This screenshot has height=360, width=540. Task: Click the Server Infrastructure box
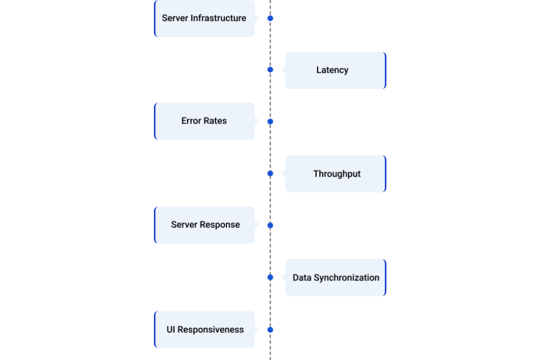click(204, 18)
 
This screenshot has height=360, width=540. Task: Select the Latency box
click(336, 70)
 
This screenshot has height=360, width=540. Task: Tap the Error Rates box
click(204, 121)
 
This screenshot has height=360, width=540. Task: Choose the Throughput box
click(336, 174)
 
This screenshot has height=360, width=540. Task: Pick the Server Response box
click(204, 225)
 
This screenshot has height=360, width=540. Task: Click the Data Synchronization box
click(336, 278)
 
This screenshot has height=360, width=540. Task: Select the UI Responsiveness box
click(204, 329)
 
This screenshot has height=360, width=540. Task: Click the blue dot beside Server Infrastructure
click(271, 18)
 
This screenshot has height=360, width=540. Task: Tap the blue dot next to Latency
click(271, 70)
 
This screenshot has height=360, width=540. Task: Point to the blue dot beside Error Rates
click(271, 121)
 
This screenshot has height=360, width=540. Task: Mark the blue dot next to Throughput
click(271, 173)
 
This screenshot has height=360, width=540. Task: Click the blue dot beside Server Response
click(271, 225)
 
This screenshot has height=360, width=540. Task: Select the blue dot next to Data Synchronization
click(271, 278)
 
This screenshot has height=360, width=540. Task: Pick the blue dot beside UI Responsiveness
click(271, 330)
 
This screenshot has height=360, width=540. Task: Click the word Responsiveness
click(210, 330)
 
